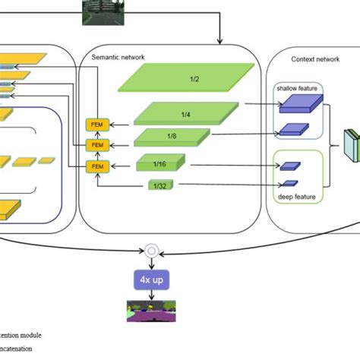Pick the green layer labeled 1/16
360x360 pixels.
pos(159,163)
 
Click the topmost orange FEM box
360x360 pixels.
pos(96,123)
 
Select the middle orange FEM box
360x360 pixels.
pos(96,144)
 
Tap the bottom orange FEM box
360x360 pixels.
pos(96,166)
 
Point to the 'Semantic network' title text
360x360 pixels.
pos(118,57)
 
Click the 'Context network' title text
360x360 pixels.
pos(314,58)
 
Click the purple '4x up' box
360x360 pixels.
pos(151,280)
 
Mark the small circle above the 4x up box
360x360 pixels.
pos(151,250)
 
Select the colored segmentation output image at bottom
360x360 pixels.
pos(151,310)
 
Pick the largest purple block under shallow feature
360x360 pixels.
pos(297,105)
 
